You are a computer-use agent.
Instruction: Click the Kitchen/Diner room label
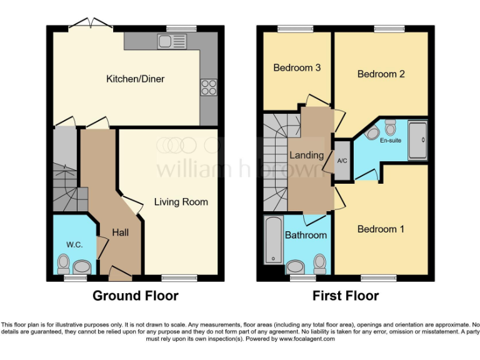(x=131, y=79)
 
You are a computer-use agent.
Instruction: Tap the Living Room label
(x=181, y=202)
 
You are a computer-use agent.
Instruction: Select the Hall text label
(x=121, y=232)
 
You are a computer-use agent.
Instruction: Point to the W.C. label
(x=74, y=244)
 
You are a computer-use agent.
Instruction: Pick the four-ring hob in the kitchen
(x=208, y=88)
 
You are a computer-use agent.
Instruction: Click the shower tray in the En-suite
(x=417, y=132)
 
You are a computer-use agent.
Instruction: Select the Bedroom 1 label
(x=381, y=229)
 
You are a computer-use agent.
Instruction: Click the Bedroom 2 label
(x=381, y=74)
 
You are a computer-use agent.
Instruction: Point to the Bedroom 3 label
(x=297, y=67)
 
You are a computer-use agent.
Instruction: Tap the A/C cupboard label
(x=342, y=161)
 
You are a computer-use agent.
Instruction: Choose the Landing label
(x=306, y=155)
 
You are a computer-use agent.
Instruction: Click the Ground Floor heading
(x=136, y=296)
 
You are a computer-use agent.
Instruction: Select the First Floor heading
(x=346, y=296)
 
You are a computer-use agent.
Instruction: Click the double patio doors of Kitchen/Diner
(x=91, y=26)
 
